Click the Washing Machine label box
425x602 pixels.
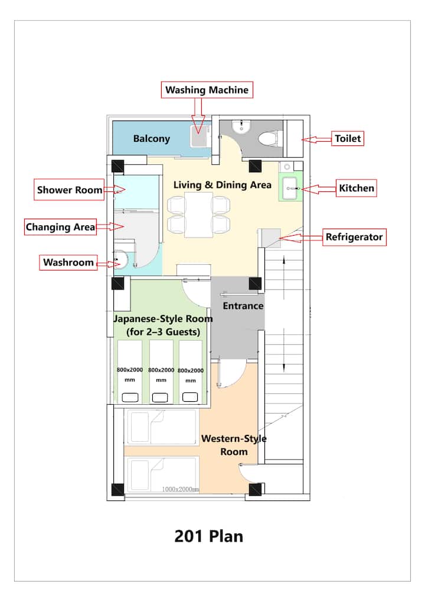(207, 90)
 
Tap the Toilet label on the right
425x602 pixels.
(348, 138)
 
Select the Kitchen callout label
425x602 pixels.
(357, 188)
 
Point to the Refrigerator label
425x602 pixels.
(354, 237)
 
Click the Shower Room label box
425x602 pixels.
(69, 190)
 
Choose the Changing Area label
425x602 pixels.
(60, 227)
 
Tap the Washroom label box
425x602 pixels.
(68, 263)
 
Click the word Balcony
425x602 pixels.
(152, 139)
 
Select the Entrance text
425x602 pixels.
(243, 306)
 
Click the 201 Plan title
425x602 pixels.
(209, 536)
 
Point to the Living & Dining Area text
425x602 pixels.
(223, 185)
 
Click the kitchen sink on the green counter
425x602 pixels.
(290, 188)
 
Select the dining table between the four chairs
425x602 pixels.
(199, 215)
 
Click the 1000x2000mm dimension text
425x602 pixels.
(180, 489)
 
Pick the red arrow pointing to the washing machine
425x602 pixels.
(198, 116)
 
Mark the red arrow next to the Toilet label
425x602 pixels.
(316, 139)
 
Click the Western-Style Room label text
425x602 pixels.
(234, 445)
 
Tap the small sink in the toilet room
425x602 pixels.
(241, 126)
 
